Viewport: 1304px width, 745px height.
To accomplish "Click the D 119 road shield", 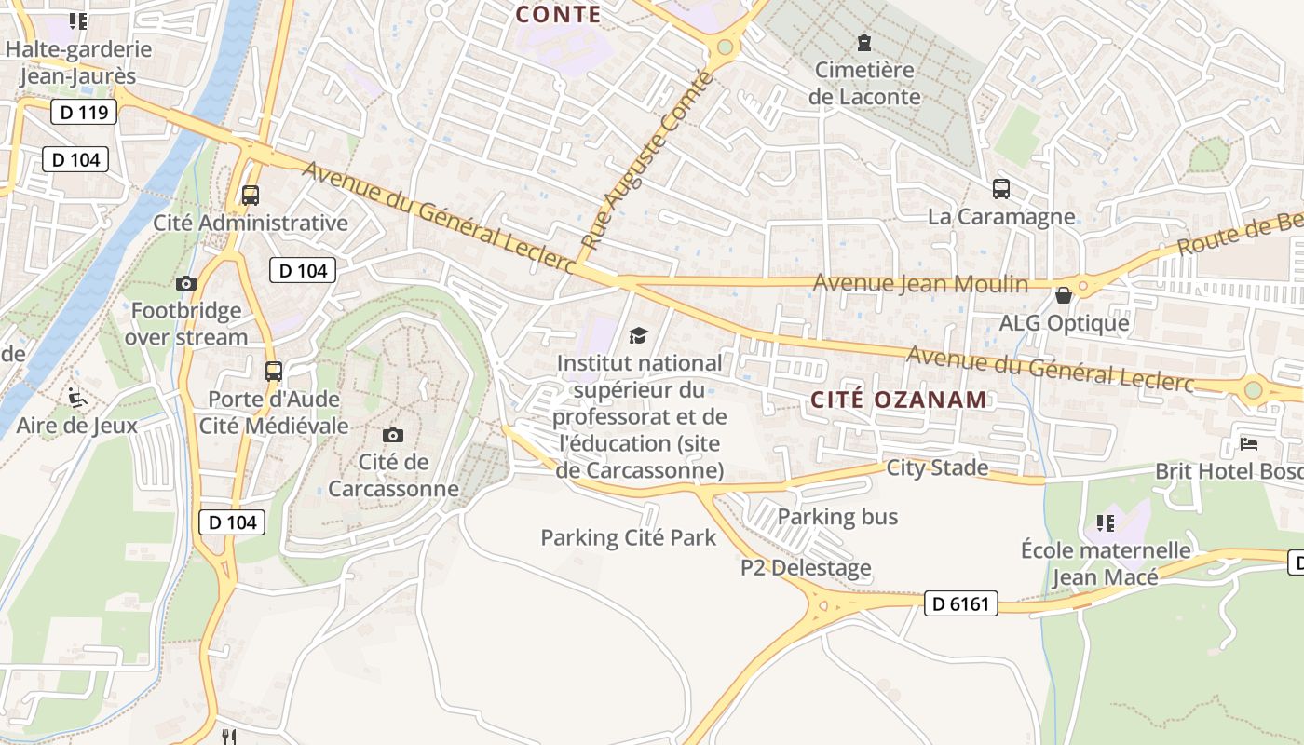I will pos(83,113).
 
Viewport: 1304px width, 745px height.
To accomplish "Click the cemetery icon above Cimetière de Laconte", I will pos(864,42).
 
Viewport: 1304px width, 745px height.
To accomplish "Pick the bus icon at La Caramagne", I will pos(1001,189).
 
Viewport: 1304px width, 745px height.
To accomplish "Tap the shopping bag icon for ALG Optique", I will pos(1063,296).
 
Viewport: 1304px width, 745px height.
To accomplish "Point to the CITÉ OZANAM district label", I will pos(898,400).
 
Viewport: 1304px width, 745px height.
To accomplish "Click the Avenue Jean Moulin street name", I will pos(920,284).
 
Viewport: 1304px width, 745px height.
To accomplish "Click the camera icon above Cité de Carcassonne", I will pos(393,435).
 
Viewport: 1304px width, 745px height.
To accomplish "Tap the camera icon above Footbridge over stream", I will pos(186,283).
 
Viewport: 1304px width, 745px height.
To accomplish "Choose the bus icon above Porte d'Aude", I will pos(273,372).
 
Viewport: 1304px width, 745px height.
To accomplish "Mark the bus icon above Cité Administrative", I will pos(250,196).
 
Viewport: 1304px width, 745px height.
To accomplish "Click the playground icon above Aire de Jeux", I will pos(77,399).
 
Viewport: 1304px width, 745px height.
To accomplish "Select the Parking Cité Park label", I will pos(629,537).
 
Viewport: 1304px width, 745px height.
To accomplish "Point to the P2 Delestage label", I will pos(806,567).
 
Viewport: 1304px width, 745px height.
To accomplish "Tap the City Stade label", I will pos(937,467).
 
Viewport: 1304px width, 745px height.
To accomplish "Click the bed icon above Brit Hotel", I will pos(1249,443).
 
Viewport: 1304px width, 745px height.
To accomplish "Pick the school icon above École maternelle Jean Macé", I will pos(1105,523).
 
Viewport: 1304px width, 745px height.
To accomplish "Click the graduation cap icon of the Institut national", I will pos(638,335).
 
